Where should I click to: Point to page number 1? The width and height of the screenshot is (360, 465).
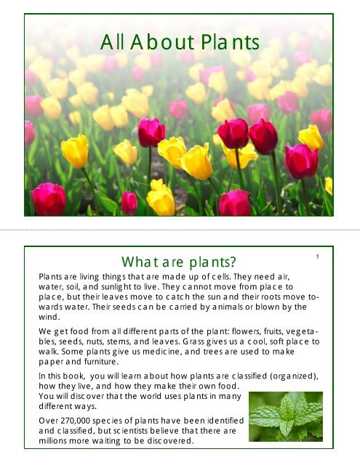pyautogui.click(x=319, y=257)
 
